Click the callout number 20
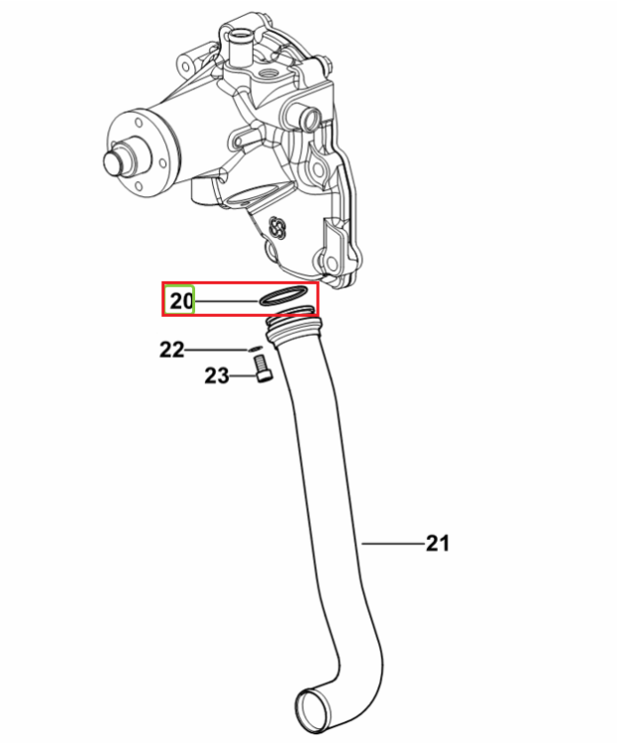coord(181,301)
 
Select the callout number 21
coord(438,543)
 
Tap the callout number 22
coord(171,350)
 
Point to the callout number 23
coord(217,375)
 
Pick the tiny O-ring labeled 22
coord(255,350)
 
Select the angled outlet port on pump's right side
coord(305,117)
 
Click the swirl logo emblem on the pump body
coord(276,229)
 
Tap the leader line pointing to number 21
coord(393,544)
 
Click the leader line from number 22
coord(217,350)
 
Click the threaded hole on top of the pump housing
coord(270,74)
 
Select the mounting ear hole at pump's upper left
coord(184,65)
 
